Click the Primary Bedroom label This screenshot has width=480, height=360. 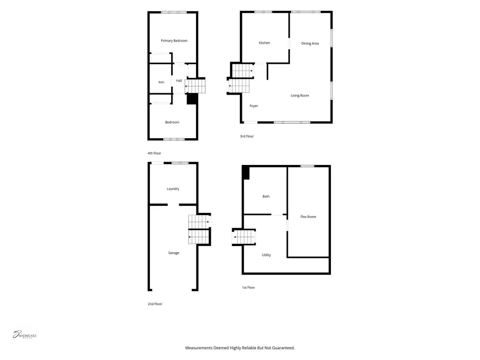click(x=174, y=41)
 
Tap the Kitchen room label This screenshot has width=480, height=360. click(x=264, y=43)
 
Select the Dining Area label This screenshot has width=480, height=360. click(x=310, y=44)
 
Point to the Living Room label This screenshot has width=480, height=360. click(x=300, y=96)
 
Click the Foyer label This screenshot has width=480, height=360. click(x=254, y=106)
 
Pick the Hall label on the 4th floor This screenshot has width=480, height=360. click(x=179, y=81)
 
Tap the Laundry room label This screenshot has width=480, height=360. click(x=173, y=189)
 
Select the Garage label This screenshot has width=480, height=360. click(x=173, y=253)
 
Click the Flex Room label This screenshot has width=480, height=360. click(x=308, y=217)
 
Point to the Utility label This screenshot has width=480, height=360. click(x=266, y=255)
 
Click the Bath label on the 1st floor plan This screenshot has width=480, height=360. click(x=266, y=196)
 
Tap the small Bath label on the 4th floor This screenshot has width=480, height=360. click(x=161, y=82)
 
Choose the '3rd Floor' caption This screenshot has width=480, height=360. click(x=247, y=136)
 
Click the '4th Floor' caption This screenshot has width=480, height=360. click(x=154, y=153)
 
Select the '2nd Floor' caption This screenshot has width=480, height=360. click(x=155, y=304)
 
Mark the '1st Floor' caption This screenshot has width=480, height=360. click(x=248, y=287)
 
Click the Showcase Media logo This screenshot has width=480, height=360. click(x=24, y=335)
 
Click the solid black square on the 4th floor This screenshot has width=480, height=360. click(x=192, y=99)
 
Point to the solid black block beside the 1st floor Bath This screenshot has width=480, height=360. click(x=246, y=172)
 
